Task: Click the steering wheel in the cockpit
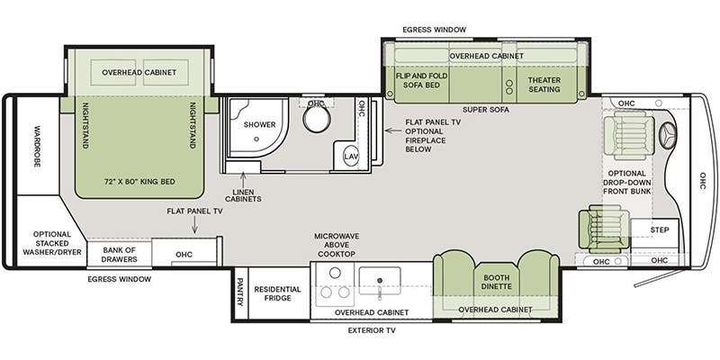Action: (x=668, y=137)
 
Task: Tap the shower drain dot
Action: (x=256, y=139)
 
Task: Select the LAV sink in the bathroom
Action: (x=351, y=157)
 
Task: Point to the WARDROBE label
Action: (x=38, y=146)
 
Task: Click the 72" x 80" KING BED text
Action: (x=139, y=182)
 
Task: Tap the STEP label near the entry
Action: (x=660, y=229)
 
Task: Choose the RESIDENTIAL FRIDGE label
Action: (x=278, y=293)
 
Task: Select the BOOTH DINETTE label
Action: (x=497, y=282)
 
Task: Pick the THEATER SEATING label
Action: (x=544, y=85)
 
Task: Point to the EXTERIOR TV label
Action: (x=372, y=330)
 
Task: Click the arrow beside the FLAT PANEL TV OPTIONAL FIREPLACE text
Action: (x=393, y=130)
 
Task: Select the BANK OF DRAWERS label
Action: (x=120, y=255)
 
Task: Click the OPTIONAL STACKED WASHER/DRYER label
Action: (x=52, y=243)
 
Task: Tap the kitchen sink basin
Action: (x=380, y=281)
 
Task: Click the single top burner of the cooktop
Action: (x=335, y=273)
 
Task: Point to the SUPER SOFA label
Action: (x=486, y=110)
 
